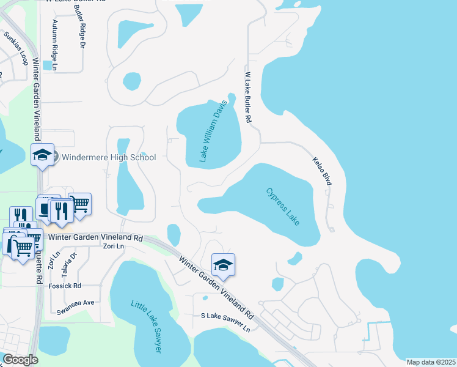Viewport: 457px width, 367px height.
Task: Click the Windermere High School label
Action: coord(108,158)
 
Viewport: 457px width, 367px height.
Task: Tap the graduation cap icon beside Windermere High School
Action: coord(42,155)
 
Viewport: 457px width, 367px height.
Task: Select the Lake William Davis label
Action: coord(213,132)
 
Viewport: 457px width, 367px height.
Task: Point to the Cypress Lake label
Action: coord(283,206)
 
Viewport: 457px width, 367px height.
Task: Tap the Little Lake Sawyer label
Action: coord(147,325)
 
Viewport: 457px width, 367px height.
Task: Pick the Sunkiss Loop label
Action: coord(16,48)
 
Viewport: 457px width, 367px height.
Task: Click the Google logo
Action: coord(20,360)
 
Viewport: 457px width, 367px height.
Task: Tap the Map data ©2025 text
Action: coord(431,362)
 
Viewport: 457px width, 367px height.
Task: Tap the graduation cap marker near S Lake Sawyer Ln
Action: coord(222,264)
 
